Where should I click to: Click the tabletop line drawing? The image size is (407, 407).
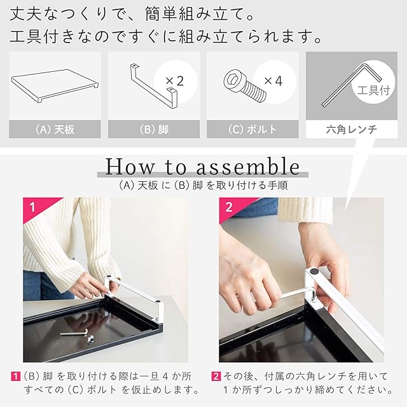[55, 86]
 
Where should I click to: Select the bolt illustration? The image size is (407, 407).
[244, 85]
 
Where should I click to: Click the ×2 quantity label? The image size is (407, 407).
[175, 81]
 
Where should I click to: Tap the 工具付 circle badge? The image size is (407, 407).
[373, 83]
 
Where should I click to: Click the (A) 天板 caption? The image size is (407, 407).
[55, 129]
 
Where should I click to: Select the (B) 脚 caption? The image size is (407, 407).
[154, 129]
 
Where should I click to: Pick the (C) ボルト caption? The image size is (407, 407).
[252, 129]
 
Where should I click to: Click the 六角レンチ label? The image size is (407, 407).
[352, 129]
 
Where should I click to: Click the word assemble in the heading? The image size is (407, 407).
[248, 167]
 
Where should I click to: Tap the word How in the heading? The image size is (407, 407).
[130, 167]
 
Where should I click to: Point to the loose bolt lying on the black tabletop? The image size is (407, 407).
[90, 340]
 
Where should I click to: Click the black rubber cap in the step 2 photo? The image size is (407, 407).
[314, 272]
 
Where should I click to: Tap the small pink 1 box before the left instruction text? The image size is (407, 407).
[15, 376]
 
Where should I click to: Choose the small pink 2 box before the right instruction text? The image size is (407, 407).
[216, 376]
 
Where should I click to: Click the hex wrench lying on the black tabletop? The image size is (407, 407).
[74, 333]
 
